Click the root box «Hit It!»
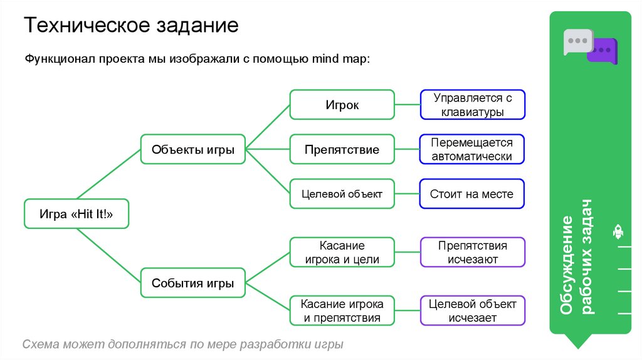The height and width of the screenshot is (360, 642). click(76, 214)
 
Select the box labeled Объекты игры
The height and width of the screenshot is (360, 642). click(193, 149)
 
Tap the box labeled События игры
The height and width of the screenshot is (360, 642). click(193, 283)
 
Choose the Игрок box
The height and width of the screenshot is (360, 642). click(342, 105)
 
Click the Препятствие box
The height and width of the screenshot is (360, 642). click(342, 150)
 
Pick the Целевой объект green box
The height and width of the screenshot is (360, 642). click(342, 194)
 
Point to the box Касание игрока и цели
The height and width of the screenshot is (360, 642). click(342, 252)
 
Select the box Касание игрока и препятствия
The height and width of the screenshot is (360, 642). click(342, 310)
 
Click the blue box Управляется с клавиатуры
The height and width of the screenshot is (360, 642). click(472, 105)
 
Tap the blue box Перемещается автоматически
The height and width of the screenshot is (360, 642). click(472, 149)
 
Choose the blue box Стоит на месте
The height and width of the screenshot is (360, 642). click(472, 194)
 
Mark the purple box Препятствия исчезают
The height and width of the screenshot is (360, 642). click(472, 252)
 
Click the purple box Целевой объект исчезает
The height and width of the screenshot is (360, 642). click(472, 310)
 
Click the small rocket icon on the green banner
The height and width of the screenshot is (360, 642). click(618, 232)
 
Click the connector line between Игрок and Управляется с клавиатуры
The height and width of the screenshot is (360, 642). click(407, 105)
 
